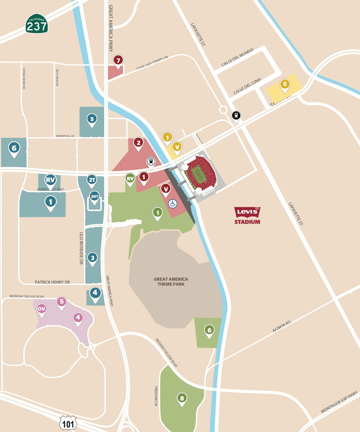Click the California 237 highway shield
click(x=37, y=24)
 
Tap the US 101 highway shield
click(x=68, y=423)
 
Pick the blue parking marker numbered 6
click(x=14, y=148)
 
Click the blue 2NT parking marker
click(x=94, y=197)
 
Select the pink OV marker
click(x=42, y=309)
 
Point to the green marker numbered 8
click(x=182, y=398)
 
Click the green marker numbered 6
click(x=209, y=330)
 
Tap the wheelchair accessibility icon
click(x=172, y=204)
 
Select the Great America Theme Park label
click(x=171, y=281)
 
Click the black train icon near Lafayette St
click(x=236, y=116)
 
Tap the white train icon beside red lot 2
click(x=151, y=161)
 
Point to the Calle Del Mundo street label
click(x=237, y=57)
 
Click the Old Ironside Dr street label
click(x=81, y=248)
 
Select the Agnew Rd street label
click(x=281, y=326)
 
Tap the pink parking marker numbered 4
click(x=78, y=318)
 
